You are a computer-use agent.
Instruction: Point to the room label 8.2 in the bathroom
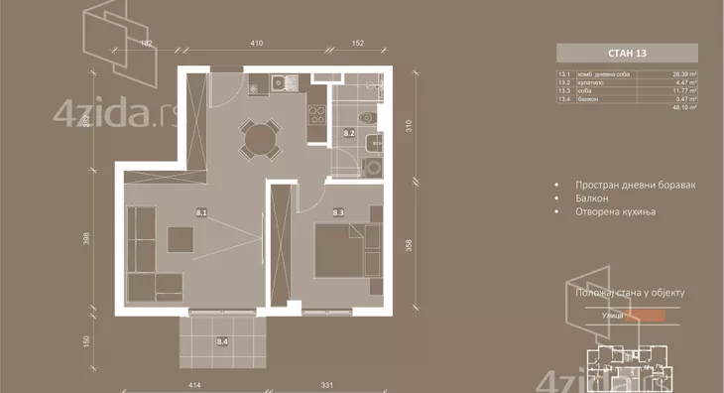pyautogui.click(x=349, y=131)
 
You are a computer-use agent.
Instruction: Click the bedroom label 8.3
pyautogui.click(x=338, y=211)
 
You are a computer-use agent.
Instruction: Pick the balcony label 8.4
pyautogui.click(x=222, y=341)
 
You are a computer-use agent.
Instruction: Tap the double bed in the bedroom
pyautogui.click(x=342, y=252)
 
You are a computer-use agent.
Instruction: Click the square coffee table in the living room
pyautogui.click(x=181, y=240)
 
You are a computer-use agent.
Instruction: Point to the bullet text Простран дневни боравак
pyautogui.click(x=630, y=185)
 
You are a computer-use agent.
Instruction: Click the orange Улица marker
pyautogui.click(x=651, y=317)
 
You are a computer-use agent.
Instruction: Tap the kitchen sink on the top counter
pyautogui.click(x=279, y=83)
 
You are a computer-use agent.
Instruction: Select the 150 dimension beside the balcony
pyautogui.click(x=87, y=340)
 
